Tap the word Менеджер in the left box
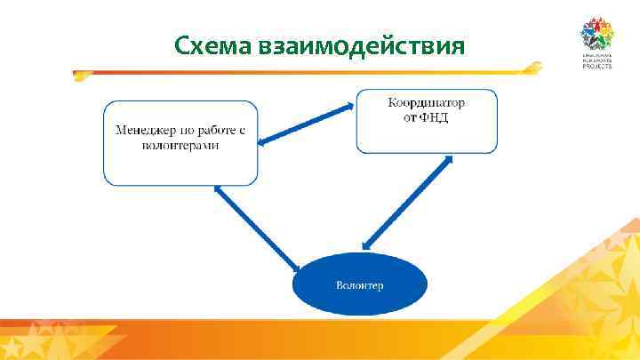click(141, 131)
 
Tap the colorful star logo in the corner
click(598, 36)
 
